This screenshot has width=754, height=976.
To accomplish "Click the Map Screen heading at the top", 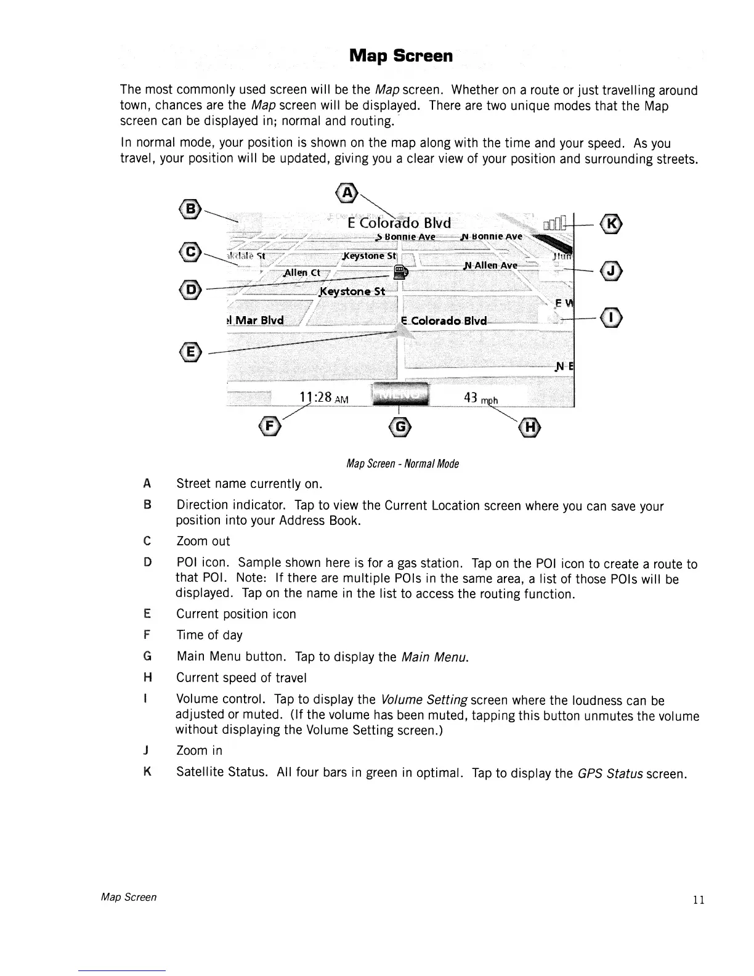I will (x=400, y=56).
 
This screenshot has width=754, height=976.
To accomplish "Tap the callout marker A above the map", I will (x=348, y=192).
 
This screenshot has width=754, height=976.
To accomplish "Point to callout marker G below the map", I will (x=400, y=426).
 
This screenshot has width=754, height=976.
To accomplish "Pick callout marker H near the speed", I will (x=529, y=426).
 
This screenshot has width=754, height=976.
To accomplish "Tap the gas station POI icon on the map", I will (x=400, y=271).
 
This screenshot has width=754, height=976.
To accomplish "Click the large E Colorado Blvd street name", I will (x=399, y=223).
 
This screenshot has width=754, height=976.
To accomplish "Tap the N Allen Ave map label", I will (x=491, y=265).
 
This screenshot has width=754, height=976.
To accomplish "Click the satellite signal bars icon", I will (x=554, y=225).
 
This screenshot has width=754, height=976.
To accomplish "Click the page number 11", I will (x=698, y=900).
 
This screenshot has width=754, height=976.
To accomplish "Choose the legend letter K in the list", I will (x=147, y=771).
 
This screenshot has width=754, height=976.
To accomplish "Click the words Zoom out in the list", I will (x=203, y=542).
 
